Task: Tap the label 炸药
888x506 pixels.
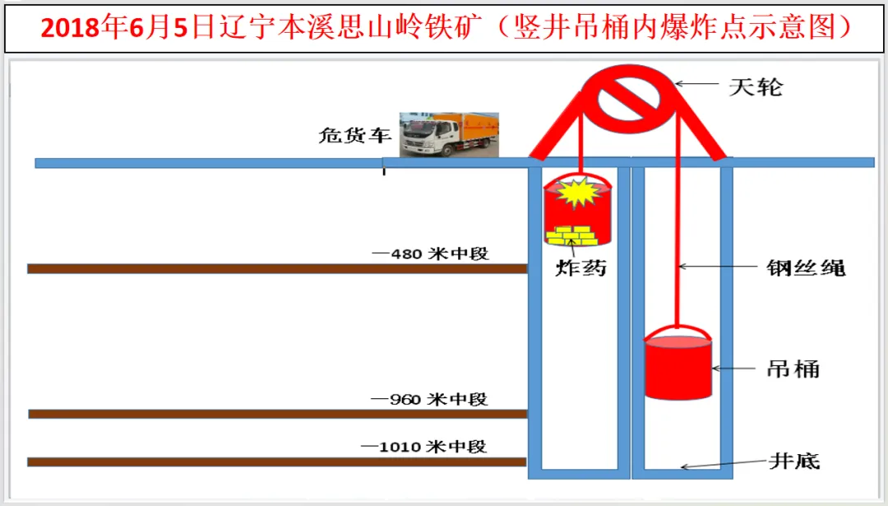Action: [580, 268]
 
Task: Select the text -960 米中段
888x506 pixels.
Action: [429, 400]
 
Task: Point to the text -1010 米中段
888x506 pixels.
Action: [423, 447]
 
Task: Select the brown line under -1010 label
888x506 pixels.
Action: [276, 462]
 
